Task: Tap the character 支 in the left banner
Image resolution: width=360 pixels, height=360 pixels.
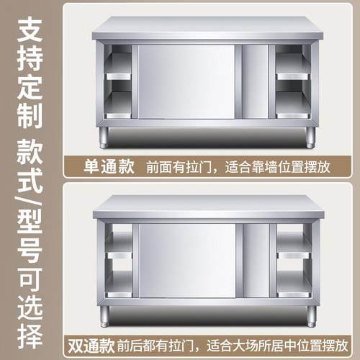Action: [30, 30]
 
